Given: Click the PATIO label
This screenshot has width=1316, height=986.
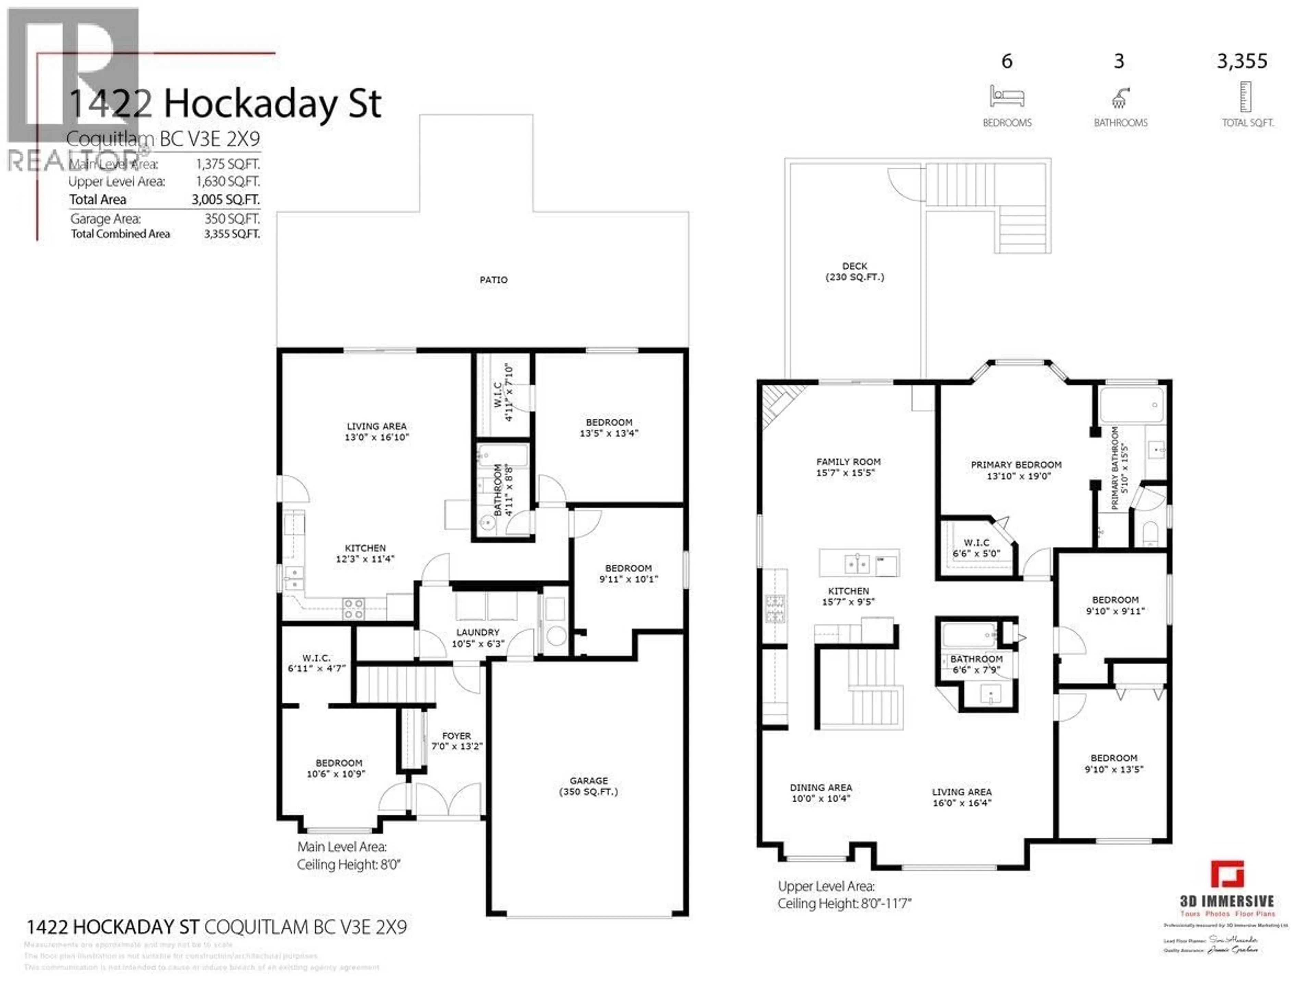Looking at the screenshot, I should (x=493, y=280).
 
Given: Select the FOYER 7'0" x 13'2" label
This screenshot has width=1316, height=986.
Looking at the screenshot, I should (x=456, y=741).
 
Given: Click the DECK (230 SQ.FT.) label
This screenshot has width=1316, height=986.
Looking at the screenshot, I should (x=854, y=271).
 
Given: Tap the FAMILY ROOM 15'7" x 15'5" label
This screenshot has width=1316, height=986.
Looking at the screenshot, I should (x=848, y=467).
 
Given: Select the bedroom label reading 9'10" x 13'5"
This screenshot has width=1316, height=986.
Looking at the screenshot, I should (x=1114, y=764).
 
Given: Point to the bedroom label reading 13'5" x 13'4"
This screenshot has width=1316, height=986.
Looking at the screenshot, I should (x=609, y=428).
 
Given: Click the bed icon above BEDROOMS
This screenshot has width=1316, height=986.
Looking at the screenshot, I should (x=1007, y=96).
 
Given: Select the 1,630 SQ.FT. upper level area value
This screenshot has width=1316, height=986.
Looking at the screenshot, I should (x=228, y=182).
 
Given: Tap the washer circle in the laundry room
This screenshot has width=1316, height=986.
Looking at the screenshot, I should (x=556, y=636).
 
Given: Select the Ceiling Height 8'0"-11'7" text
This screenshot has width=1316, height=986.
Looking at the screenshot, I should (x=844, y=904).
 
